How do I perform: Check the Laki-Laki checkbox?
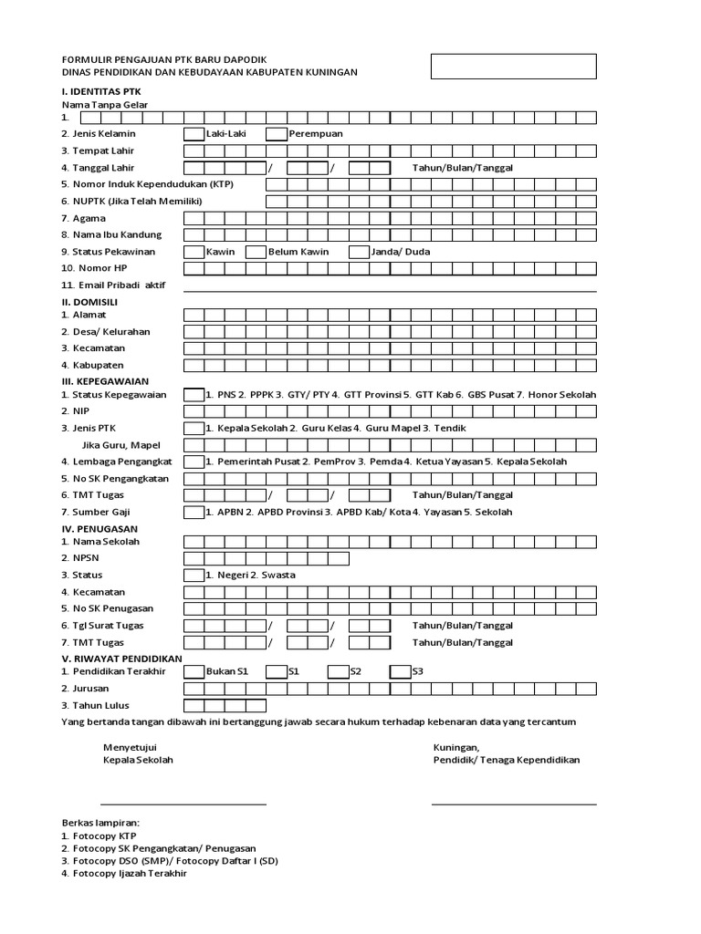pyautogui.click(x=194, y=134)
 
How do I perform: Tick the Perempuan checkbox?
pyautogui.click(x=277, y=134)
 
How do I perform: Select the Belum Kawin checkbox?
pyautogui.click(x=256, y=252)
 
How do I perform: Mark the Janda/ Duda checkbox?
pyautogui.click(x=359, y=252)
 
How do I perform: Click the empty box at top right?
pyautogui.click(x=514, y=67)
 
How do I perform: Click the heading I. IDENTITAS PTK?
pyautogui.click(x=101, y=92)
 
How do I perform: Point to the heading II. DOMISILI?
pyautogui.click(x=89, y=301)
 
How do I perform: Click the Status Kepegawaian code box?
pyautogui.click(x=194, y=395)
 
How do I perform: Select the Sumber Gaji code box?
pyautogui.click(x=194, y=513)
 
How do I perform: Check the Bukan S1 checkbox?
pyautogui.click(x=194, y=671)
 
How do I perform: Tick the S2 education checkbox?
pyautogui.click(x=339, y=671)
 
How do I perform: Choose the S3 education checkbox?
pyautogui.click(x=400, y=671)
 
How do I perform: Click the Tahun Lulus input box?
pyautogui.click(x=225, y=705)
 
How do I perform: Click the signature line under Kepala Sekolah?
pyautogui.click(x=183, y=804)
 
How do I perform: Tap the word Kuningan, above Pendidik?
pyautogui.click(x=456, y=747)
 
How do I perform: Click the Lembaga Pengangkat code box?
pyautogui.click(x=194, y=462)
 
